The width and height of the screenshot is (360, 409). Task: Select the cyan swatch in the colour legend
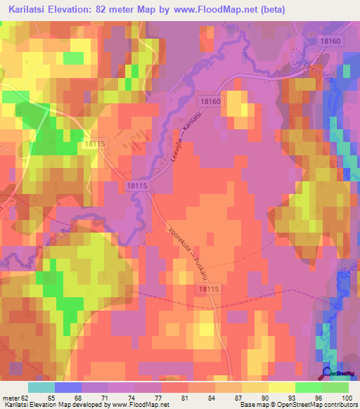pyautogui.click(x=41, y=387)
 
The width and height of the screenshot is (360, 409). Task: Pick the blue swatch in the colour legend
pyautogui.click(x=68, y=387)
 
